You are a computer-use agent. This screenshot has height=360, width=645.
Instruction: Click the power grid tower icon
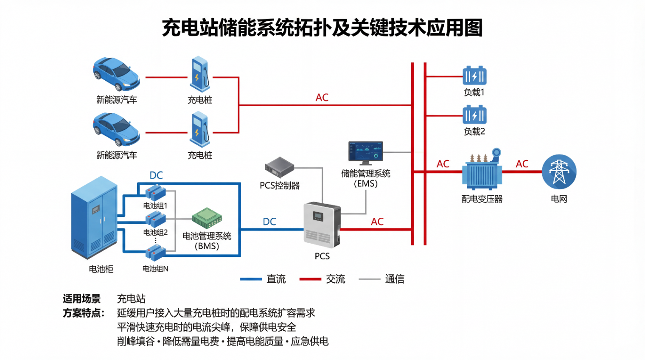click(x=559, y=172)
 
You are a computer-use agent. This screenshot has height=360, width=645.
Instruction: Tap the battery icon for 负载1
click(x=474, y=76)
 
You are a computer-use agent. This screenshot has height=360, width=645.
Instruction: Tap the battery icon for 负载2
click(x=474, y=115)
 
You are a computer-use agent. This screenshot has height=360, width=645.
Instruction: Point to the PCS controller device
click(x=279, y=167)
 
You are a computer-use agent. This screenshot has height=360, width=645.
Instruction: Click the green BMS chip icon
click(x=207, y=218)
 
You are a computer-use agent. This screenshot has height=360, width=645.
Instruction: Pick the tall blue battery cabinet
click(x=94, y=217)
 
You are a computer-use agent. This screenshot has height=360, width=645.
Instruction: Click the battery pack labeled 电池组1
click(x=155, y=193)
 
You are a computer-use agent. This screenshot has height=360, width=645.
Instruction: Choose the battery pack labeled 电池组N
click(x=155, y=253)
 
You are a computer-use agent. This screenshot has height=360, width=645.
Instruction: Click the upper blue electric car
click(x=116, y=74)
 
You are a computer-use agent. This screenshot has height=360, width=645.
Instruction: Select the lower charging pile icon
click(x=200, y=129)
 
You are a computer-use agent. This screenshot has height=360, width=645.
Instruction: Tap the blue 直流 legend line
click(x=251, y=279)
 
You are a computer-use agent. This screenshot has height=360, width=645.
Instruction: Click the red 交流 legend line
click(x=310, y=279)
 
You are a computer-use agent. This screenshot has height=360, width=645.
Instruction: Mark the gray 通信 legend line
click(x=369, y=279)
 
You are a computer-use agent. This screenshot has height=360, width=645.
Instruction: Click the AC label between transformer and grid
click(x=522, y=164)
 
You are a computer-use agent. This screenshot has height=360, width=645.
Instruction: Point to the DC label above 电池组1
click(x=156, y=175)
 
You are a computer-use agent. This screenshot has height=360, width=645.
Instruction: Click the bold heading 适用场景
click(x=81, y=299)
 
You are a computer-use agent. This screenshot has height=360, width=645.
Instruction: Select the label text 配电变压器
click(x=482, y=199)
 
